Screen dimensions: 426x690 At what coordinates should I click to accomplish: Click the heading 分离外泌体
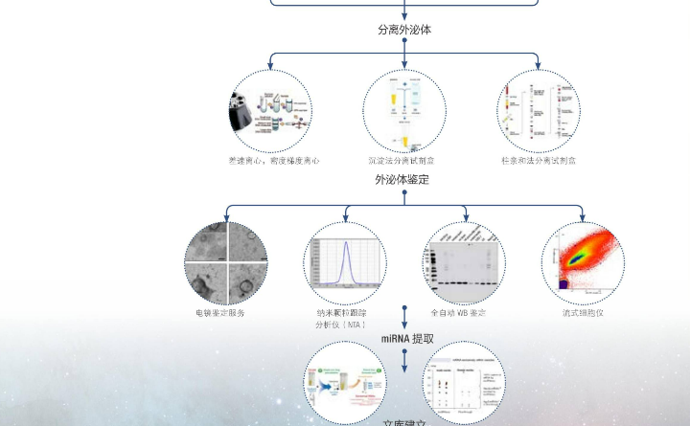(x=403, y=30)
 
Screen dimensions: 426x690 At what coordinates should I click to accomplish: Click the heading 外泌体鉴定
(x=402, y=179)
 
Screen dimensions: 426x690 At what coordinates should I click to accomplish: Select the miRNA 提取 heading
(x=407, y=339)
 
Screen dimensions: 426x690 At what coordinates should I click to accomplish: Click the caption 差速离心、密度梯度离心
(x=272, y=161)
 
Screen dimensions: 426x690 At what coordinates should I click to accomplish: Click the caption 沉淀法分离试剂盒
(x=403, y=161)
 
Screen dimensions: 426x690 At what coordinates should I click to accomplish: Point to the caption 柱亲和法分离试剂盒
(x=538, y=161)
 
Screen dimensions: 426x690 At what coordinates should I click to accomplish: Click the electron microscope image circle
(x=225, y=263)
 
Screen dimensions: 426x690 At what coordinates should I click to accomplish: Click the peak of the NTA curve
(x=345, y=241)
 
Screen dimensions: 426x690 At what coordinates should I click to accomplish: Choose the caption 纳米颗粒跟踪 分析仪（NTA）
(x=342, y=319)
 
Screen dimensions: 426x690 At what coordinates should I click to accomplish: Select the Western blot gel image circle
(x=465, y=263)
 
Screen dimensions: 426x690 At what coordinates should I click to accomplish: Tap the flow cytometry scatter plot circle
(x=583, y=263)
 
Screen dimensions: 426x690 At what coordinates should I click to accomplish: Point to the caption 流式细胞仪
(x=583, y=313)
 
